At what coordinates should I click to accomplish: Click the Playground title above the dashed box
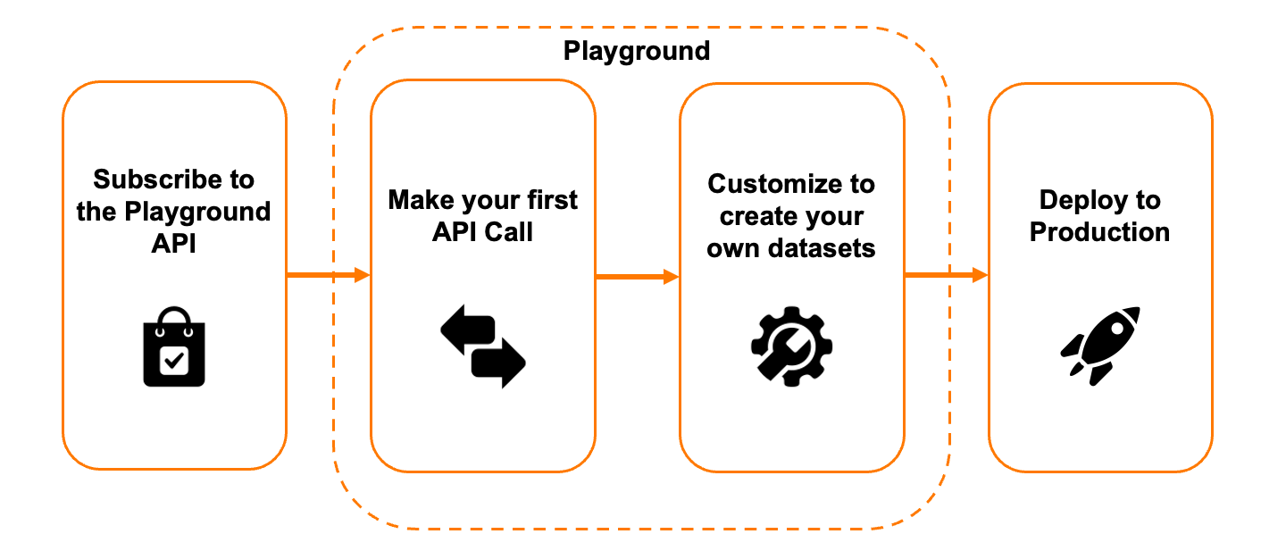(636, 51)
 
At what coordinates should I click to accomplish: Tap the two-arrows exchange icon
(483, 346)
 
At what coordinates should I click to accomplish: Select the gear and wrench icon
(791, 346)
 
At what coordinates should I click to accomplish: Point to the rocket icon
(1100, 346)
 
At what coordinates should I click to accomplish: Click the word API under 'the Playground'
(173, 244)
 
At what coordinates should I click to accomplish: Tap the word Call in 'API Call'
(508, 231)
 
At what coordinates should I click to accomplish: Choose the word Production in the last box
(1099, 232)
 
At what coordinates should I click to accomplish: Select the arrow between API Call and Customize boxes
(637, 277)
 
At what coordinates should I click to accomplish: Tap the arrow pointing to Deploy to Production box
(946, 275)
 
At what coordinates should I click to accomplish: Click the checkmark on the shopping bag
(173, 361)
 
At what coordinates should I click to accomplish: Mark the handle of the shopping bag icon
(174, 317)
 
